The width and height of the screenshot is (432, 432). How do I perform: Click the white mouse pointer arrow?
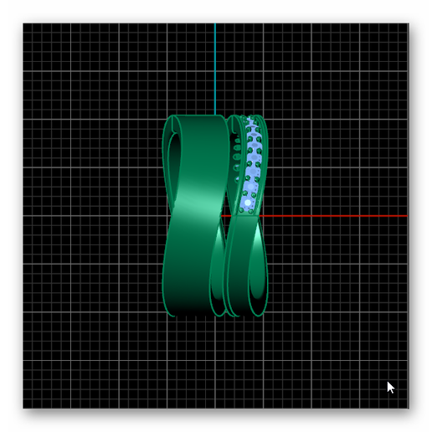(390, 387)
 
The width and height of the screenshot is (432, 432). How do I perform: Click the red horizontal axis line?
(335, 216)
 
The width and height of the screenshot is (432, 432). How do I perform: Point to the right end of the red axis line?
(407, 216)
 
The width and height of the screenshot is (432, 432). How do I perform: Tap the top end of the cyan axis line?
(215, 23)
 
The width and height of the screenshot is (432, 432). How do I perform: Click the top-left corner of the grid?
(23, 23)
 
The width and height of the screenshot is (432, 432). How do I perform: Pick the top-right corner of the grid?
(408, 23)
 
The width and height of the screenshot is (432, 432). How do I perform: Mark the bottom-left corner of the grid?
(23, 409)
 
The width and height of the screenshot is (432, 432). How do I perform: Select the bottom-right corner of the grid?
(408, 409)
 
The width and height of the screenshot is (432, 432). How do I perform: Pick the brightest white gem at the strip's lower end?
(248, 202)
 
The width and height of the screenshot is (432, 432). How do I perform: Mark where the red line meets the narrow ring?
(260, 216)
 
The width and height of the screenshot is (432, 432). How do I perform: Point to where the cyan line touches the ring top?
(215, 116)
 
